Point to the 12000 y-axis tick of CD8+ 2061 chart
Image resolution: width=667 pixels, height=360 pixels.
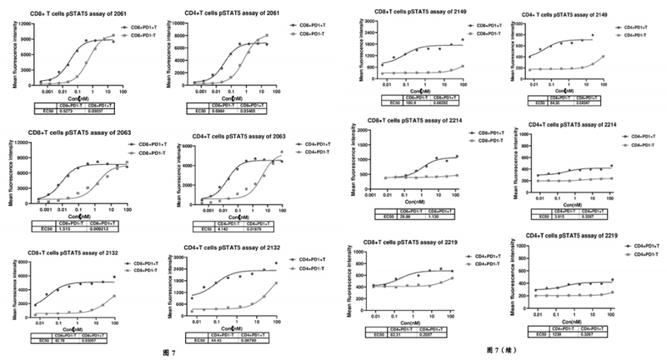point(26,24)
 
